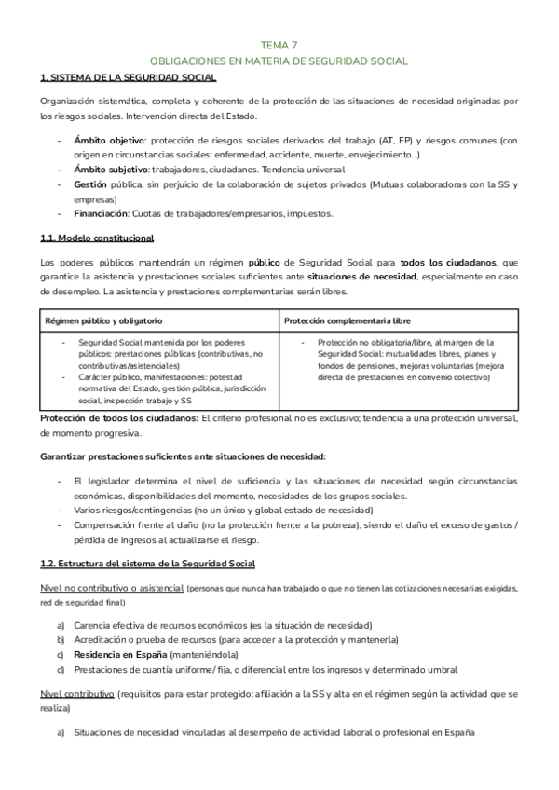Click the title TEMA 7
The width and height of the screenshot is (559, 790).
(279, 43)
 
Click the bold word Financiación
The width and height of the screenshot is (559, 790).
(97, 213)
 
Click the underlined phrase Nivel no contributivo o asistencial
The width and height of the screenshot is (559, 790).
(112, 589)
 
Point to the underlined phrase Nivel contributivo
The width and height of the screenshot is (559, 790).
(77, 695)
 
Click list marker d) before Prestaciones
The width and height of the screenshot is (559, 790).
(61, 670)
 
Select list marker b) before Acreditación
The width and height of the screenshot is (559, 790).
(61, 640)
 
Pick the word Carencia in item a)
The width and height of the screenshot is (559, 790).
(96, 625)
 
